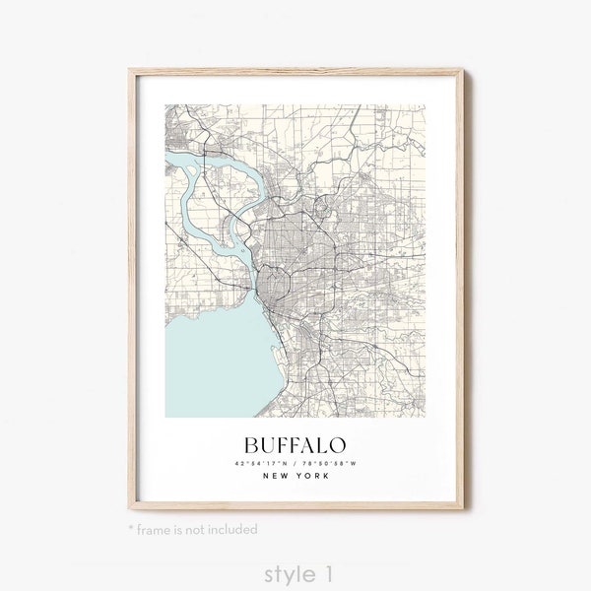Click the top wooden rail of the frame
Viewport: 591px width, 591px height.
click(x=295, y=71)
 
